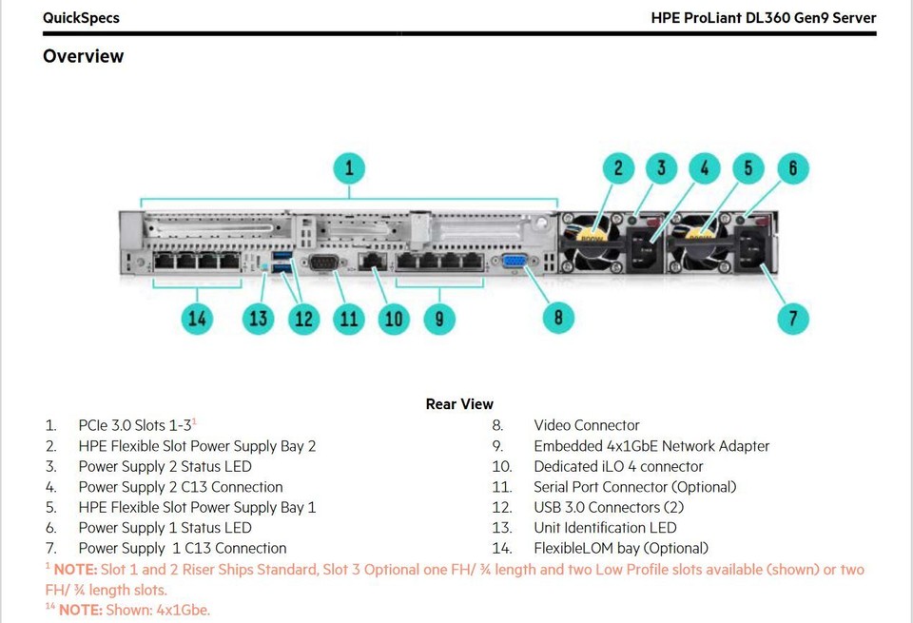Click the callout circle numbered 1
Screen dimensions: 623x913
(349, 169)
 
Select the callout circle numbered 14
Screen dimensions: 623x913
(197, 319)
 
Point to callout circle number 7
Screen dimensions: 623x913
(793, 318)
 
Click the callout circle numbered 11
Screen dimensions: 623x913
(349, 319)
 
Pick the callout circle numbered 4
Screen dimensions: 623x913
(704, 169)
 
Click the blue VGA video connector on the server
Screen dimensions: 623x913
(511, 264)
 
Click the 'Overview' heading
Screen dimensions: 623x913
(83, 56)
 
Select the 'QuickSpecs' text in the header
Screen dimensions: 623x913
(81, 17)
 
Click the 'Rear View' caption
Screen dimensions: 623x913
(459, 404)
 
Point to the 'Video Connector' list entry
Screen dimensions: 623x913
(586, 425)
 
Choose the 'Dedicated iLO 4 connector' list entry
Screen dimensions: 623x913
(618, 466)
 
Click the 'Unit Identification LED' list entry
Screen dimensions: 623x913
(605, 527)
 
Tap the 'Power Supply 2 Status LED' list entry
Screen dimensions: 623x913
(165, 466)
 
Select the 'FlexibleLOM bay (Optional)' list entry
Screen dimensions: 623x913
(620, 548)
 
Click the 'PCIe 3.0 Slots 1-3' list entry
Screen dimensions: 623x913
(136, 425)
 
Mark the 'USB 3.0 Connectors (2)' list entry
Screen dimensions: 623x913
(609, 507)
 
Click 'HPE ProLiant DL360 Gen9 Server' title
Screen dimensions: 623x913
(763, 17)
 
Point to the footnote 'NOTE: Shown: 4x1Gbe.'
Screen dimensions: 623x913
(133, 610)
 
